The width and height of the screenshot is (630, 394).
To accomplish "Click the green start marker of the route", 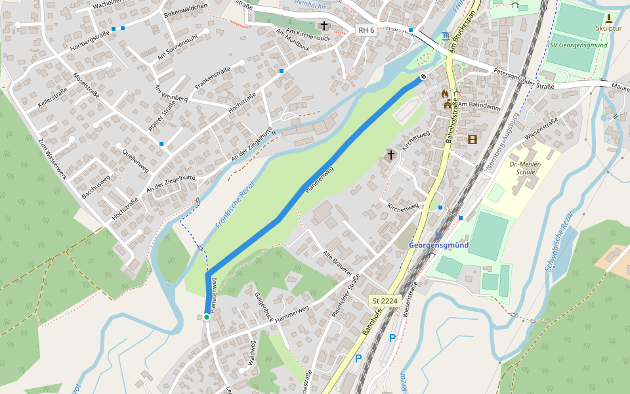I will coord(206,317).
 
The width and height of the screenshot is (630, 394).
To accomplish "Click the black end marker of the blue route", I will coord(423,77).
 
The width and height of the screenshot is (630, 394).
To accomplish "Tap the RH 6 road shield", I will coord(366,30).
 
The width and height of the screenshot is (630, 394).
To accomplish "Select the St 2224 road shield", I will coord(385,300).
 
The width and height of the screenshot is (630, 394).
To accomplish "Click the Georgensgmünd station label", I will coord(438,245).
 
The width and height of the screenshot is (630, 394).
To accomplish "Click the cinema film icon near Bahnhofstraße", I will coord(472,139).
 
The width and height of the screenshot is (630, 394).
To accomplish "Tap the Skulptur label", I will coord(608,28).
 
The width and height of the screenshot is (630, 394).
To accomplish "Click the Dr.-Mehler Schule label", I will coord(522,167).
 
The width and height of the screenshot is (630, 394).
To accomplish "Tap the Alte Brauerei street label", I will coord(338,263).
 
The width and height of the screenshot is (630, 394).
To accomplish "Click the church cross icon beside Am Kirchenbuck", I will coord(324,26).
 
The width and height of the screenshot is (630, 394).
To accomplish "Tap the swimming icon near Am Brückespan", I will coord(447,35).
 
